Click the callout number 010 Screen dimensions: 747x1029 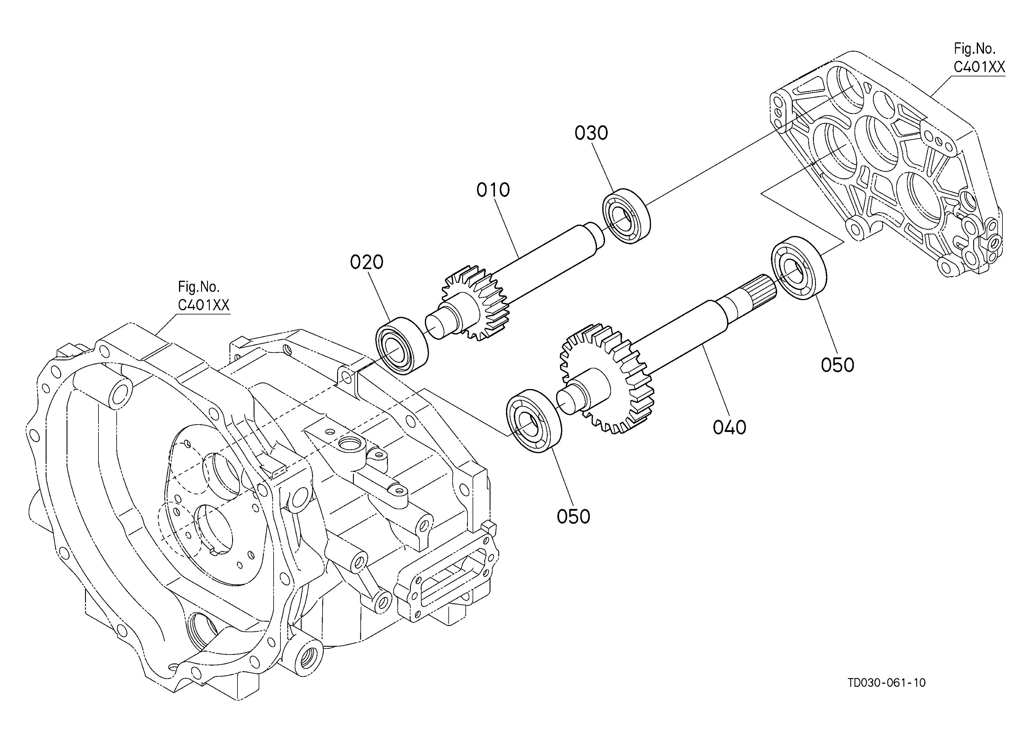tap(493, 190)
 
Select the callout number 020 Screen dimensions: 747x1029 tap(367, 262)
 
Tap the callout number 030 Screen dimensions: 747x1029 tap(591, 133)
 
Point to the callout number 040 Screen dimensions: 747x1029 tap(729, 427)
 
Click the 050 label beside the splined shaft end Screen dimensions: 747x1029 tap(837, 365)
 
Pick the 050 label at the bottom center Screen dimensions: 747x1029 tap(573, 517)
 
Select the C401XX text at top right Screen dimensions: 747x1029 tap(979, 67)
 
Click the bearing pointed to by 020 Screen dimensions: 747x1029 tap(402, 345)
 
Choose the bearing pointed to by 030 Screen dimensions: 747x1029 tap(626, 216)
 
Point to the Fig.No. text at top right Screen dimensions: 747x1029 tap(975, 49)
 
